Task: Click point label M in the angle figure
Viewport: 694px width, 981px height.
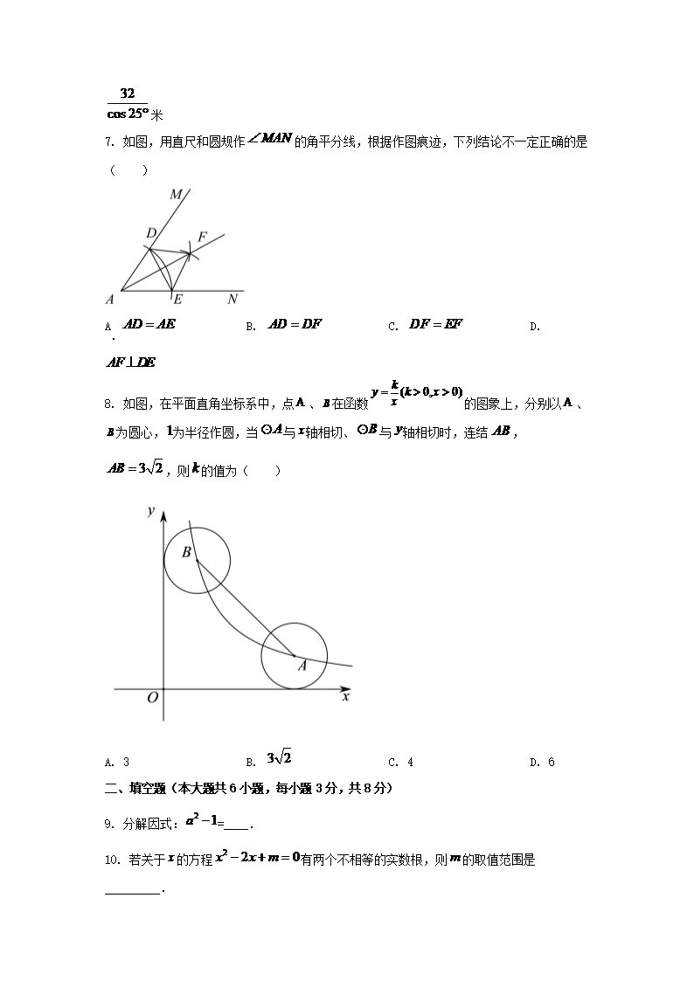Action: tap(176, 193)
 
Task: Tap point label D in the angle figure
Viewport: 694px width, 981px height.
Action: tap(150, 233)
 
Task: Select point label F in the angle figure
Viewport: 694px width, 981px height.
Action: tap(202, 237)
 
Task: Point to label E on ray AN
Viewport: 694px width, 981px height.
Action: tap(177, 300)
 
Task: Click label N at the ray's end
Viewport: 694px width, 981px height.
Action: tap(232, 300)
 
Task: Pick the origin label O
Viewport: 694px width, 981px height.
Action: tap(152, 698)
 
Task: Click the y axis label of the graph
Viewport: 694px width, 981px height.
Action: tap(151, 511)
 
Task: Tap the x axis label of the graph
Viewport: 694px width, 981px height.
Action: tap(346, 696)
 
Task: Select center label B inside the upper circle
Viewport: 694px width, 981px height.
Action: tap(186, 552)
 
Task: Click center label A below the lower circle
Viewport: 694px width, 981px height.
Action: tap(302, 666)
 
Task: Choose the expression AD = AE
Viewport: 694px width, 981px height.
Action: tap(149, 324)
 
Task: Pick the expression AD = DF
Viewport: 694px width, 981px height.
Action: tap(295, 324)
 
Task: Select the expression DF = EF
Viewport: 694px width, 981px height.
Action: tap(436, 324)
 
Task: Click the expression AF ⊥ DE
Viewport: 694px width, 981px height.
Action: tap(130, 363)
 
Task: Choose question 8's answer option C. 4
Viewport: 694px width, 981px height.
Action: tap(400, 762)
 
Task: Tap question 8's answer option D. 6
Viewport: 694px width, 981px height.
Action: tap(542, 762)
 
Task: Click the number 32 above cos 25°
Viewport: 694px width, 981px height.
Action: tap(128, 93)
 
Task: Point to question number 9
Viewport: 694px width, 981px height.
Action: tap(108, 823)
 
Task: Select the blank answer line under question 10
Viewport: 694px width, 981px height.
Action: tap(133, 891)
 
